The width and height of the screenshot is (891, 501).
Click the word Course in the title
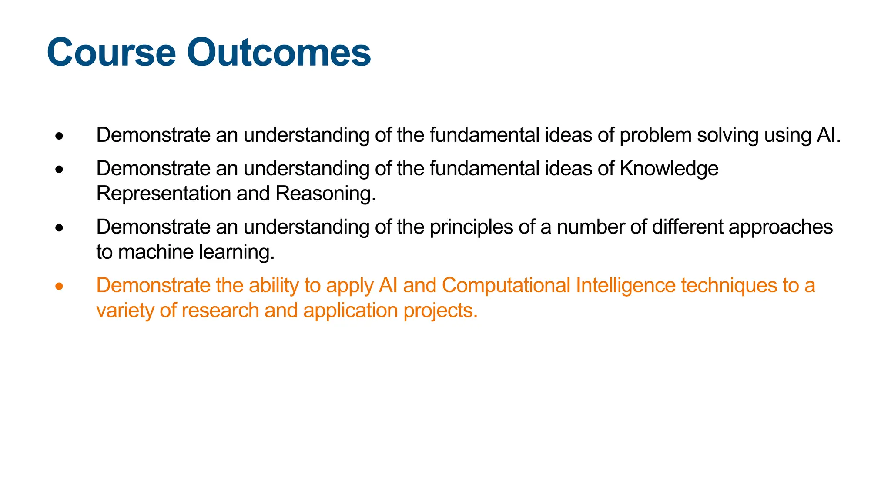(111, 53)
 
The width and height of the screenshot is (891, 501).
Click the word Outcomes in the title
(278, 53)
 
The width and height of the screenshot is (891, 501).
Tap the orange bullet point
(60, 287)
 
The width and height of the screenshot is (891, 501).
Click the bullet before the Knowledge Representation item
(60, 170)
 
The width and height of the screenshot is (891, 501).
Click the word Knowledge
(669, 169)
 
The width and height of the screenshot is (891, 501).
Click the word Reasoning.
(325, 194)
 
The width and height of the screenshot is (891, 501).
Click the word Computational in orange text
(506, 286)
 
